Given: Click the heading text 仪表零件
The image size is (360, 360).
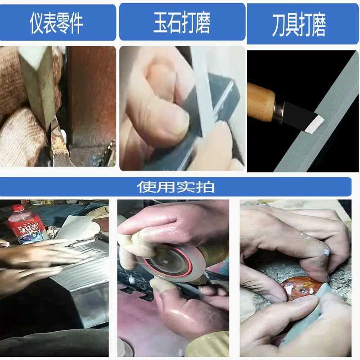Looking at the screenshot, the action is pos(56,23).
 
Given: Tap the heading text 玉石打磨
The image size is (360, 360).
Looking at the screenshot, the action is pos(182,22).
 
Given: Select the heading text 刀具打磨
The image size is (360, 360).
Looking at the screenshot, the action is pos(299,25).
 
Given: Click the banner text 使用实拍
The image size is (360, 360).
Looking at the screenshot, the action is pos(175,187).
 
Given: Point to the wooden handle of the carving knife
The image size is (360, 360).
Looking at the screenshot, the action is pos(261,102).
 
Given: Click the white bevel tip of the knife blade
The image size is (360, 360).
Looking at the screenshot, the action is pos(314,125).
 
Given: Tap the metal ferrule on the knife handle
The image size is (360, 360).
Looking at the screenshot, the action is pos(279,111).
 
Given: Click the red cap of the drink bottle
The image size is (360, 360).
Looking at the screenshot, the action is pos(18,208).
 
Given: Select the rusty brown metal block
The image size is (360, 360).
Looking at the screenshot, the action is pos(92,96).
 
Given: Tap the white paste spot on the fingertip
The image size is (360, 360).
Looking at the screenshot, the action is pos(325,252).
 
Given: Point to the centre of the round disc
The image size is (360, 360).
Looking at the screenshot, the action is pos(164,261).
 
